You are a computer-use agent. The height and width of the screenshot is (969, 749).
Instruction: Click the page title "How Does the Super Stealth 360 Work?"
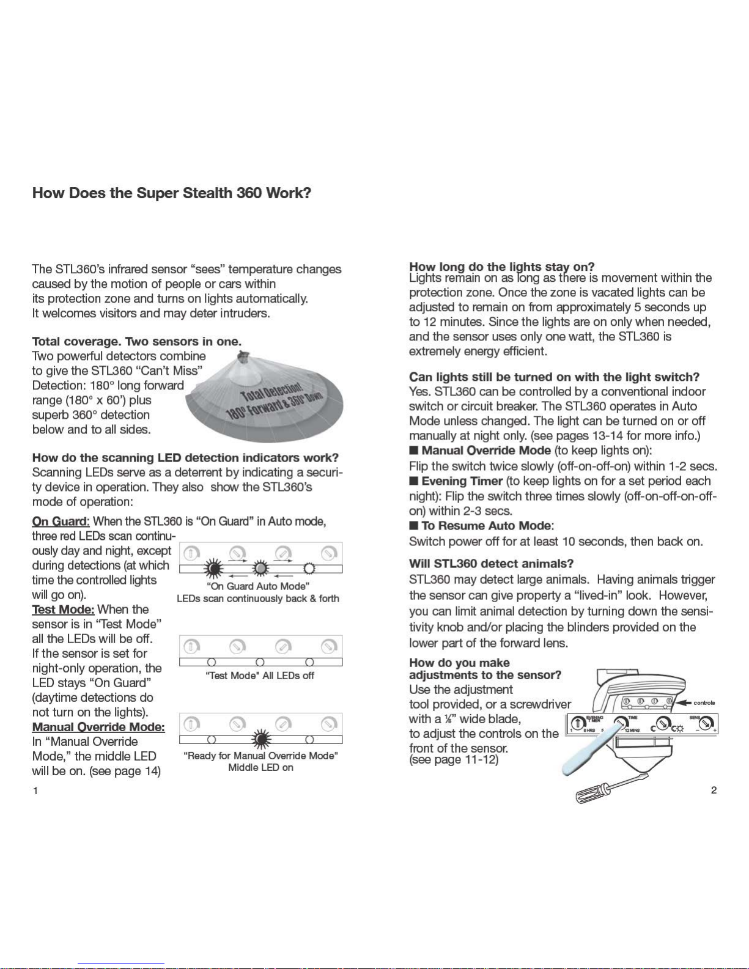(172, 194)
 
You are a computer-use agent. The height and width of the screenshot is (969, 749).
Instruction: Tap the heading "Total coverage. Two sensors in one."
(137, 342)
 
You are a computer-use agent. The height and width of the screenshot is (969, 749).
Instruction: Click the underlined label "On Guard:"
(61, 521)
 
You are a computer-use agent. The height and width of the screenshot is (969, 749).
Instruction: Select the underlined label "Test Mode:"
(63, 609)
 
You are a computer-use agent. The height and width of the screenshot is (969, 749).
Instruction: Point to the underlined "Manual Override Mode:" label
(98, 727)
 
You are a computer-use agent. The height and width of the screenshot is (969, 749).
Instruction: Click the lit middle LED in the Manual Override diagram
(261, 740)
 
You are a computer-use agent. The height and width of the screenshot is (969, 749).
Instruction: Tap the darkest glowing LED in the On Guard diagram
(213, 569)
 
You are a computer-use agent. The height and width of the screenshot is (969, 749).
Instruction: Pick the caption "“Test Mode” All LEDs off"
(260, 676)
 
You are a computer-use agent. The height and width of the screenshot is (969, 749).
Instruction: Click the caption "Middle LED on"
(261, 767)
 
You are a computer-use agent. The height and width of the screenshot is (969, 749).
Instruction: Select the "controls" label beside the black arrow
(704, 703)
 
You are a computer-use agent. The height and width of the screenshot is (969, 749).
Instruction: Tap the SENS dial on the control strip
(706, 724)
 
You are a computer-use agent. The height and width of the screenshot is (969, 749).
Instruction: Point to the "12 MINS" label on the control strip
(632, 731)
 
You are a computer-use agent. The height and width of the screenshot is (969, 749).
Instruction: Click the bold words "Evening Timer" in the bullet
(462, 482)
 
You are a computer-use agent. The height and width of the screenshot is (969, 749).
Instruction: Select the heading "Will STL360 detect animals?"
(492, 564)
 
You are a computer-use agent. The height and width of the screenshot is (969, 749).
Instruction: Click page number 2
(714, 790)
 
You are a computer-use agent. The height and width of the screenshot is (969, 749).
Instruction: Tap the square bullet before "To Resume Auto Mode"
(414, 526)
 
